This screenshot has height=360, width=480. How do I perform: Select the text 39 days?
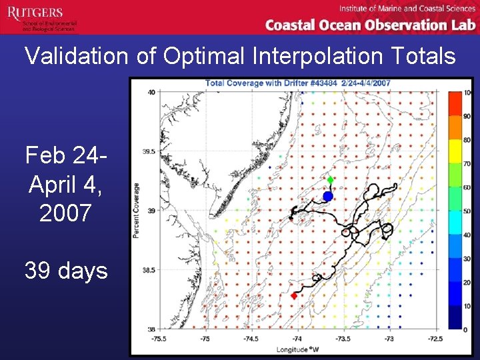pos(66,271)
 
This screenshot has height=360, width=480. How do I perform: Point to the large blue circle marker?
pos(327,196)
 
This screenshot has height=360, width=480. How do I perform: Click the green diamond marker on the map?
pos(331,180)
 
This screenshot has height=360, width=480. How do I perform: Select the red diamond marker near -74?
pos(294,295)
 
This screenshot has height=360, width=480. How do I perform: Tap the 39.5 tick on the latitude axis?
pos(149,151)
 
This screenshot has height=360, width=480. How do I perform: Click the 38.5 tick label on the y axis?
pos(149,270)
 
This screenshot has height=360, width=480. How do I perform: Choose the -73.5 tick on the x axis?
pos(343,338)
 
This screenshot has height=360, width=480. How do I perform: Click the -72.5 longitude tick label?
pos(435,338)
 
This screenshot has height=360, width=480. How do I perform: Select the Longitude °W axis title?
pos(297,349)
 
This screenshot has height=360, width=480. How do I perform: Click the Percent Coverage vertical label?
pos(136,211)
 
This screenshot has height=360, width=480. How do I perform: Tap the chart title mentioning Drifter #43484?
pos(297,83)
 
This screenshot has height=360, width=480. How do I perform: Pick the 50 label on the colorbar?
pos(467,211)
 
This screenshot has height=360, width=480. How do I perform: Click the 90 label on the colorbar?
pos(467,116)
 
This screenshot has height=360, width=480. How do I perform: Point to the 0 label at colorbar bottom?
pos(466,329)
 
